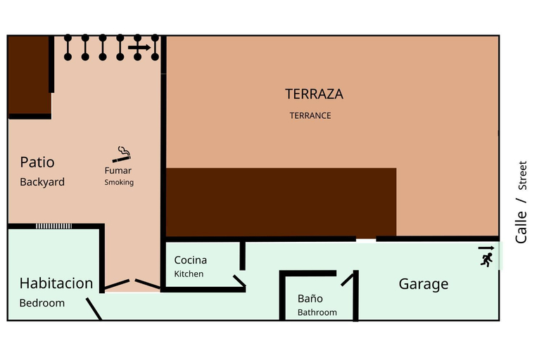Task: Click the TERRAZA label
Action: point(314,94)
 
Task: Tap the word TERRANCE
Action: point(310,116)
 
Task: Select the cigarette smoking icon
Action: point(122,155)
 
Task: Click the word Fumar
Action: point(118,170)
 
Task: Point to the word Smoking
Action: point(119,182)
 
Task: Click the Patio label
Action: point(37,162)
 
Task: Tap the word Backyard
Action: point(42,182)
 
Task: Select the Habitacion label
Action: point(56,283)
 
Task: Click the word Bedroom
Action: point(42,303)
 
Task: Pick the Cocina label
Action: point(191,260)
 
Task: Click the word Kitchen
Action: point(189,274)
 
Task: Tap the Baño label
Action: point(310,298)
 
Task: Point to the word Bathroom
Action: point(317,312)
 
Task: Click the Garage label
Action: point(424,284)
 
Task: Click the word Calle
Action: point(521,227)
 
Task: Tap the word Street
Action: point(522,175)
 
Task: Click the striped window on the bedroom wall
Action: point(53,226)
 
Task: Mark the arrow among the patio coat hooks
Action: point(139,48)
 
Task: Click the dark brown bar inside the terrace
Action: point(281,202)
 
